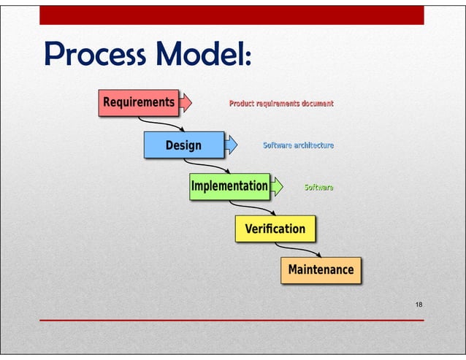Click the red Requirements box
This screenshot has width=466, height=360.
click(139, 102)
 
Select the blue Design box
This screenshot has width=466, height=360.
click(183, 145)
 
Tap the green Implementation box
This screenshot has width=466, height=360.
click(229, 186)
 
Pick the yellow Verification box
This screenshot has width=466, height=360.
click(275, 229)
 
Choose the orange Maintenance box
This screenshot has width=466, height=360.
click(321, 269)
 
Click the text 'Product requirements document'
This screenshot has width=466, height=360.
click(281, 104)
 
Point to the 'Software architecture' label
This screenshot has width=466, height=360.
click(298, 145)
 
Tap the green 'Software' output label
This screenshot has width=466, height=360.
click(318, 188)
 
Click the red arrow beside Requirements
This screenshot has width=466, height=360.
click(186, 102)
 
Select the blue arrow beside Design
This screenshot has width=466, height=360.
click(231, 145)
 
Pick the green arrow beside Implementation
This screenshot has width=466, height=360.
click(277, 187)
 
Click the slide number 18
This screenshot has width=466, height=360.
click(419, 304)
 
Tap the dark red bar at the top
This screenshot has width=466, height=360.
click(231, 15)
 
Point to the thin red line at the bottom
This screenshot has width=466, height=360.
click(231, 321)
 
